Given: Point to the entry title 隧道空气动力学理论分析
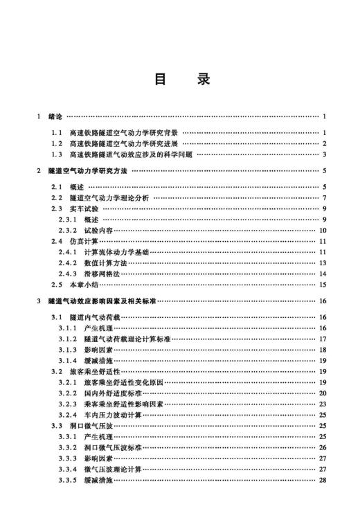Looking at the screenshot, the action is coord(109,198).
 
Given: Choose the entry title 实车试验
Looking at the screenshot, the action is coord(84,208).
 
